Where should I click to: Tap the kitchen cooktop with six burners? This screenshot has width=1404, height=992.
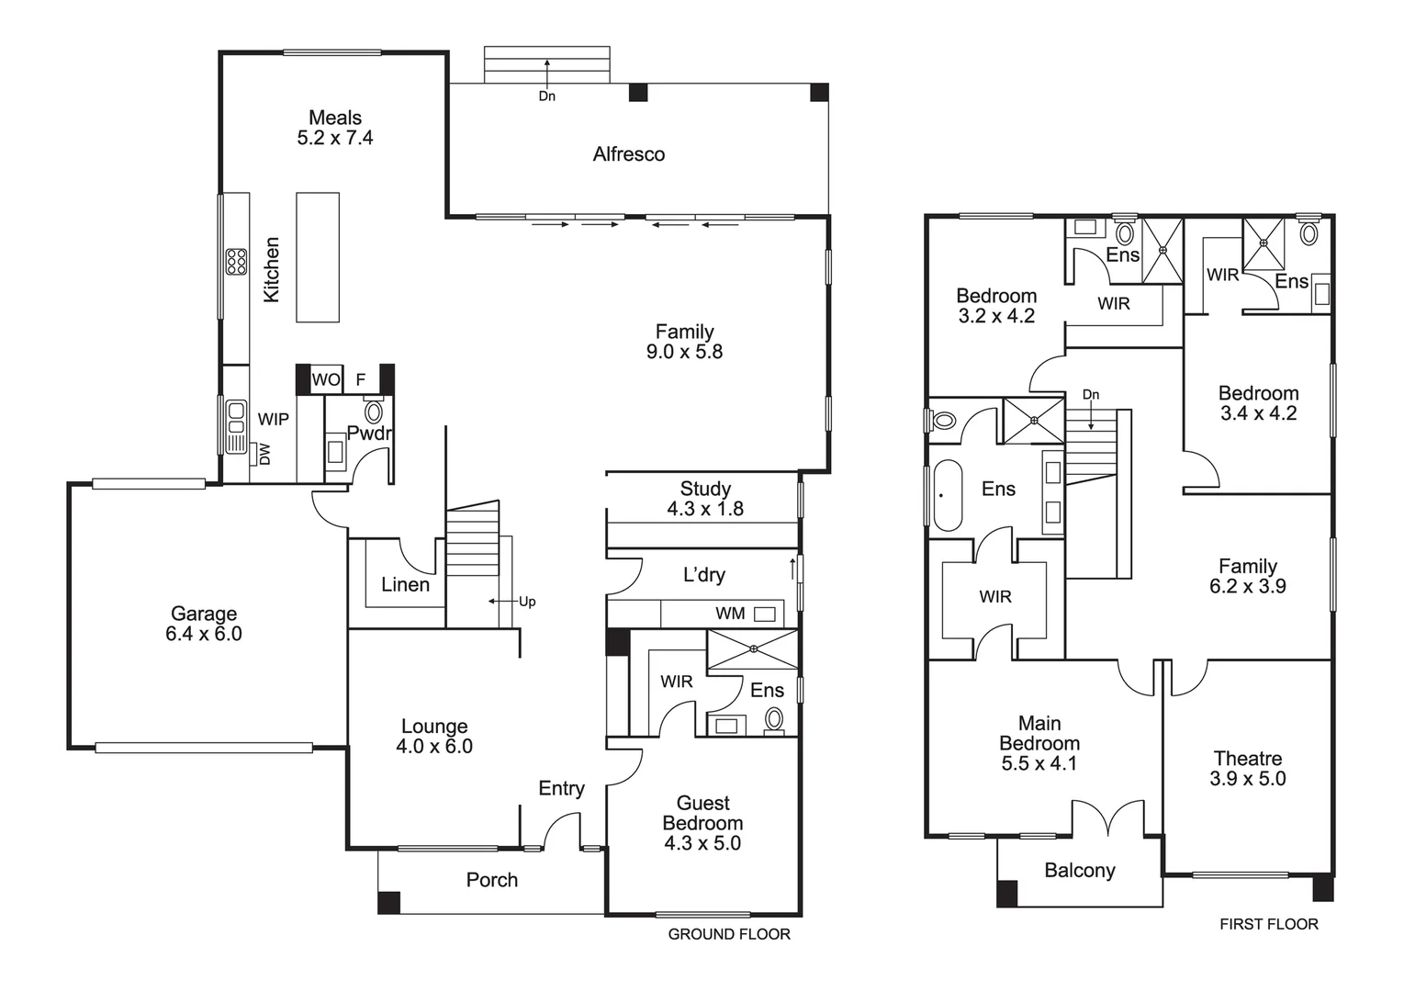point(236,262)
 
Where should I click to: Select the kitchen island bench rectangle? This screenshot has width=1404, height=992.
point(317,257)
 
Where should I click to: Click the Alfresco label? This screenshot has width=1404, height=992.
point(628,154)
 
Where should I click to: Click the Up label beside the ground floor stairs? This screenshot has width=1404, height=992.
point(526,602)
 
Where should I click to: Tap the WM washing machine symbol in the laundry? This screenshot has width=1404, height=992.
point(764,614)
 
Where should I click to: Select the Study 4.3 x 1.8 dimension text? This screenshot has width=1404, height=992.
point(704,509)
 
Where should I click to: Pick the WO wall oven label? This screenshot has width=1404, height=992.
point(325,379)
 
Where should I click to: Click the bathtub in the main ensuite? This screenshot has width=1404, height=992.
point(947,495)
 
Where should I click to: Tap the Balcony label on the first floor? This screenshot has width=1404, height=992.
point(1079,870)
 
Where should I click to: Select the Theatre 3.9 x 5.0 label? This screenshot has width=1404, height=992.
point(1247,769)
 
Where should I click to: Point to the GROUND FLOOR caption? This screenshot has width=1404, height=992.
point(728,934)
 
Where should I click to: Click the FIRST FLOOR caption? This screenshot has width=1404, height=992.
point(1268,924)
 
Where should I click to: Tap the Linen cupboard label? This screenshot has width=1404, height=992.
point(405,584)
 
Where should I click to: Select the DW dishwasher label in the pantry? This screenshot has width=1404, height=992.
point(265,454)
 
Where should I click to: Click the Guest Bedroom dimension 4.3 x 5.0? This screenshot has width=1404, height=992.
point(702,843)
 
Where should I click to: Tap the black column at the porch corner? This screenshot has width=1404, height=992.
point(389,903)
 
